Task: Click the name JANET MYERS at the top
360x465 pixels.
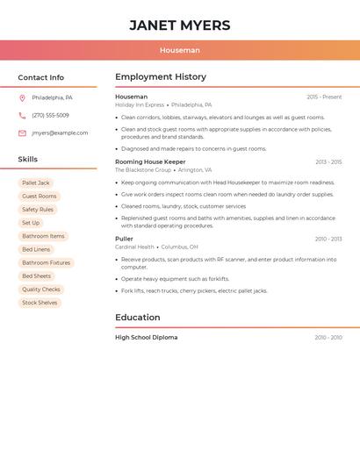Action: click(180, 25)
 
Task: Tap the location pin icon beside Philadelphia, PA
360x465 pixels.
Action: click(22, 97)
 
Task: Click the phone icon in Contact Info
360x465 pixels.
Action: click(22, 115)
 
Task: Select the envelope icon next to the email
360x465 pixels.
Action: click(22, 133)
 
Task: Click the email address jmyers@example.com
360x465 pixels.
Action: click(60, 133)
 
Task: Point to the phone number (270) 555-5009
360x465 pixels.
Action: click(50, 115)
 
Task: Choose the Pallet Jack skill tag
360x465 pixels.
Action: click(36, 182)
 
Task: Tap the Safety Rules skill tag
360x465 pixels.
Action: click(38, 210)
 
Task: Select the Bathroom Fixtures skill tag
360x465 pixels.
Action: click(46, 263)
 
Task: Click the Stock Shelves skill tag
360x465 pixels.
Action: click(40, 303)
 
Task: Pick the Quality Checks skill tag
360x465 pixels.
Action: click(41, 290)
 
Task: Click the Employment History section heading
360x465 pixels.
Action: click(161, 77)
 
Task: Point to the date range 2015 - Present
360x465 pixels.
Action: click(324, 97)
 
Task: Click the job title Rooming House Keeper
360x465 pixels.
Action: click(150, 161)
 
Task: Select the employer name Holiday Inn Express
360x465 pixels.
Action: click(140, 105)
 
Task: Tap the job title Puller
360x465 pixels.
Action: click(124, 239)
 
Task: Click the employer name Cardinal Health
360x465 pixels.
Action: click(134, 247)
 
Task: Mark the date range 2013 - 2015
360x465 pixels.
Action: click(328, 162)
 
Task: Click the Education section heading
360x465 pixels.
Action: click(138, 318)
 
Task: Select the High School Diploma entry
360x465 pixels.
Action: click(146, 338)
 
